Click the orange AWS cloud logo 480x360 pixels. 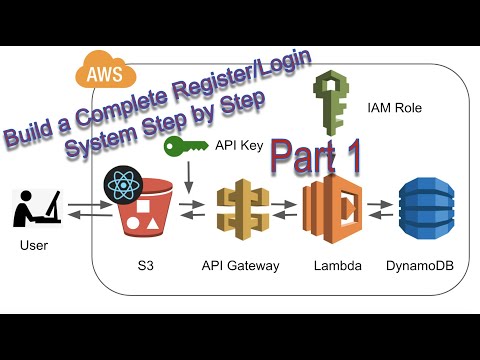coord(98,73)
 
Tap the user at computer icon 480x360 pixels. coord(36,208)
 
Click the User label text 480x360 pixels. coord(34,244)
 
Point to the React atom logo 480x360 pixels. coord(124,187)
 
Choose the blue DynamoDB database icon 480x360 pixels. coord(425,211)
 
